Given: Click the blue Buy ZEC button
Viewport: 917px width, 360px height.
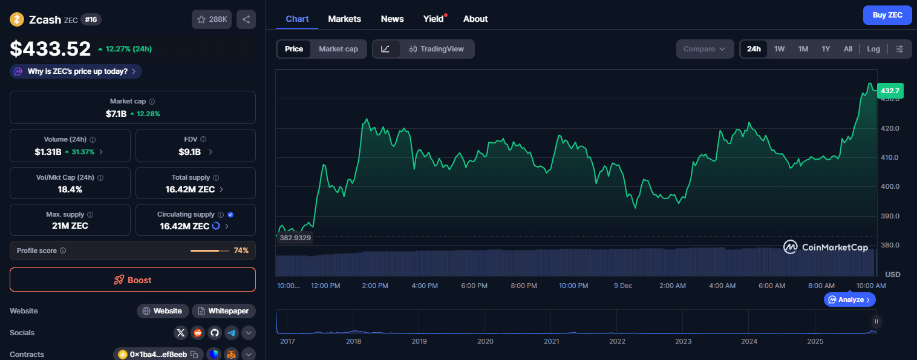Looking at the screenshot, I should [887, 15].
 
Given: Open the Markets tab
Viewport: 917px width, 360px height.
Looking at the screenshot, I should [344, 19].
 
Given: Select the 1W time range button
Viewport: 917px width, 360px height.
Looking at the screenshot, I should [779, 49].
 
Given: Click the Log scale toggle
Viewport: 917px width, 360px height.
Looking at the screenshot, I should [873, 49].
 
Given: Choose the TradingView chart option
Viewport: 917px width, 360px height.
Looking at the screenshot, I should [436, 49].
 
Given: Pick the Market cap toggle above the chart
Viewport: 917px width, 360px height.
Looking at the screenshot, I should [338, 49].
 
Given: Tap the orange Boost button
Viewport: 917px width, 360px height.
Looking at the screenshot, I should [132, 280].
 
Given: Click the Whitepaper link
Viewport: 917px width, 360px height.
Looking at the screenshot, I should [223, 311].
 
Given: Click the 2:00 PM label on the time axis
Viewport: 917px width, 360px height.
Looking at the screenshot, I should [374, 286].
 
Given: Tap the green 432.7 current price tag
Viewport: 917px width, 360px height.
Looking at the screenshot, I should [890, 91].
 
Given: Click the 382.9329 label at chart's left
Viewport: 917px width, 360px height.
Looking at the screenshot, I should [295, 238].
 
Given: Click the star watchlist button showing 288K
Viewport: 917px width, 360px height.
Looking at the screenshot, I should [211, 19].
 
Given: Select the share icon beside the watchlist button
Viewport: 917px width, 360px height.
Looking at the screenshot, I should [246, 19].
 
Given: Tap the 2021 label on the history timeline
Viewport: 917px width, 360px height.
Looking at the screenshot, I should [551, 341].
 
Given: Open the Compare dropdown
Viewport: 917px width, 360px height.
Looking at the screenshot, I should [704, 49].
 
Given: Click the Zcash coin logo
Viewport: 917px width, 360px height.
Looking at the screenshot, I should [17, 19].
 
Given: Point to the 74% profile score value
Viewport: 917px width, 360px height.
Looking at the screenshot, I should [241, 250].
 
